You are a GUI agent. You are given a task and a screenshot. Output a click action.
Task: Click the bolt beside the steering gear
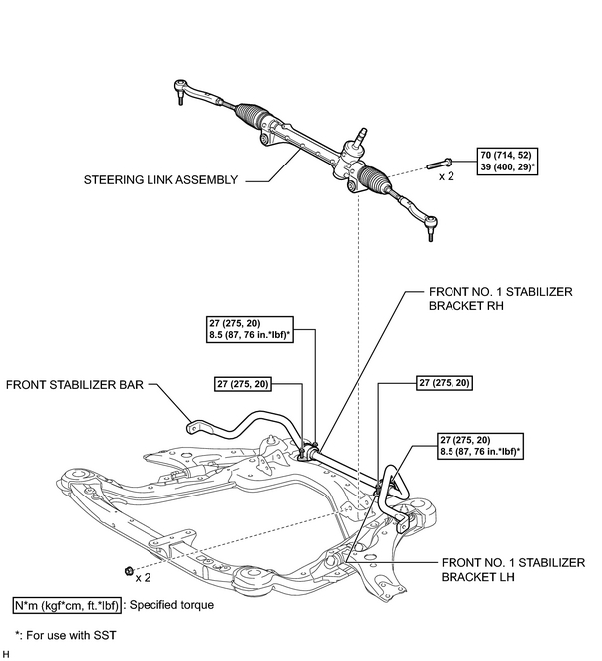click(439, 162)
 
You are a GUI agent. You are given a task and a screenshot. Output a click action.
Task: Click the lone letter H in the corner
click(6, 653)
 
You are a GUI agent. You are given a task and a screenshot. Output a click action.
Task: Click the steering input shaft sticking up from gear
click(362, 133)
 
